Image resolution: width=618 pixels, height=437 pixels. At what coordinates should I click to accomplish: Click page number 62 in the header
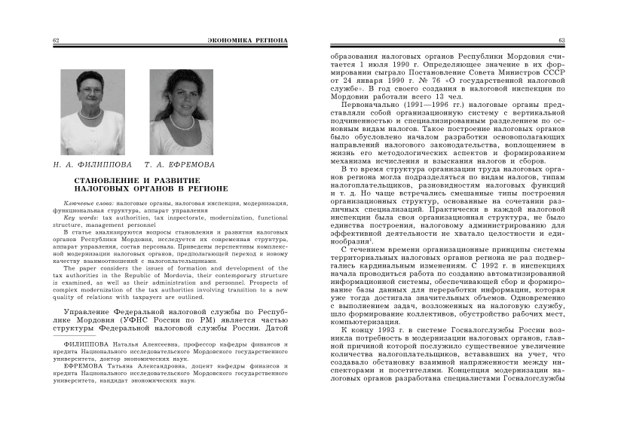[57, 40]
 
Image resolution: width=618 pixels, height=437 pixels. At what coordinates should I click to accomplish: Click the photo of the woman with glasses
[92, 101]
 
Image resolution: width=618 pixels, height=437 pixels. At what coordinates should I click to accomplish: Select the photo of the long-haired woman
[182, 101]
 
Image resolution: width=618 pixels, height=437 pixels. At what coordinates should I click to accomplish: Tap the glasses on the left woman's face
[91, 88]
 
